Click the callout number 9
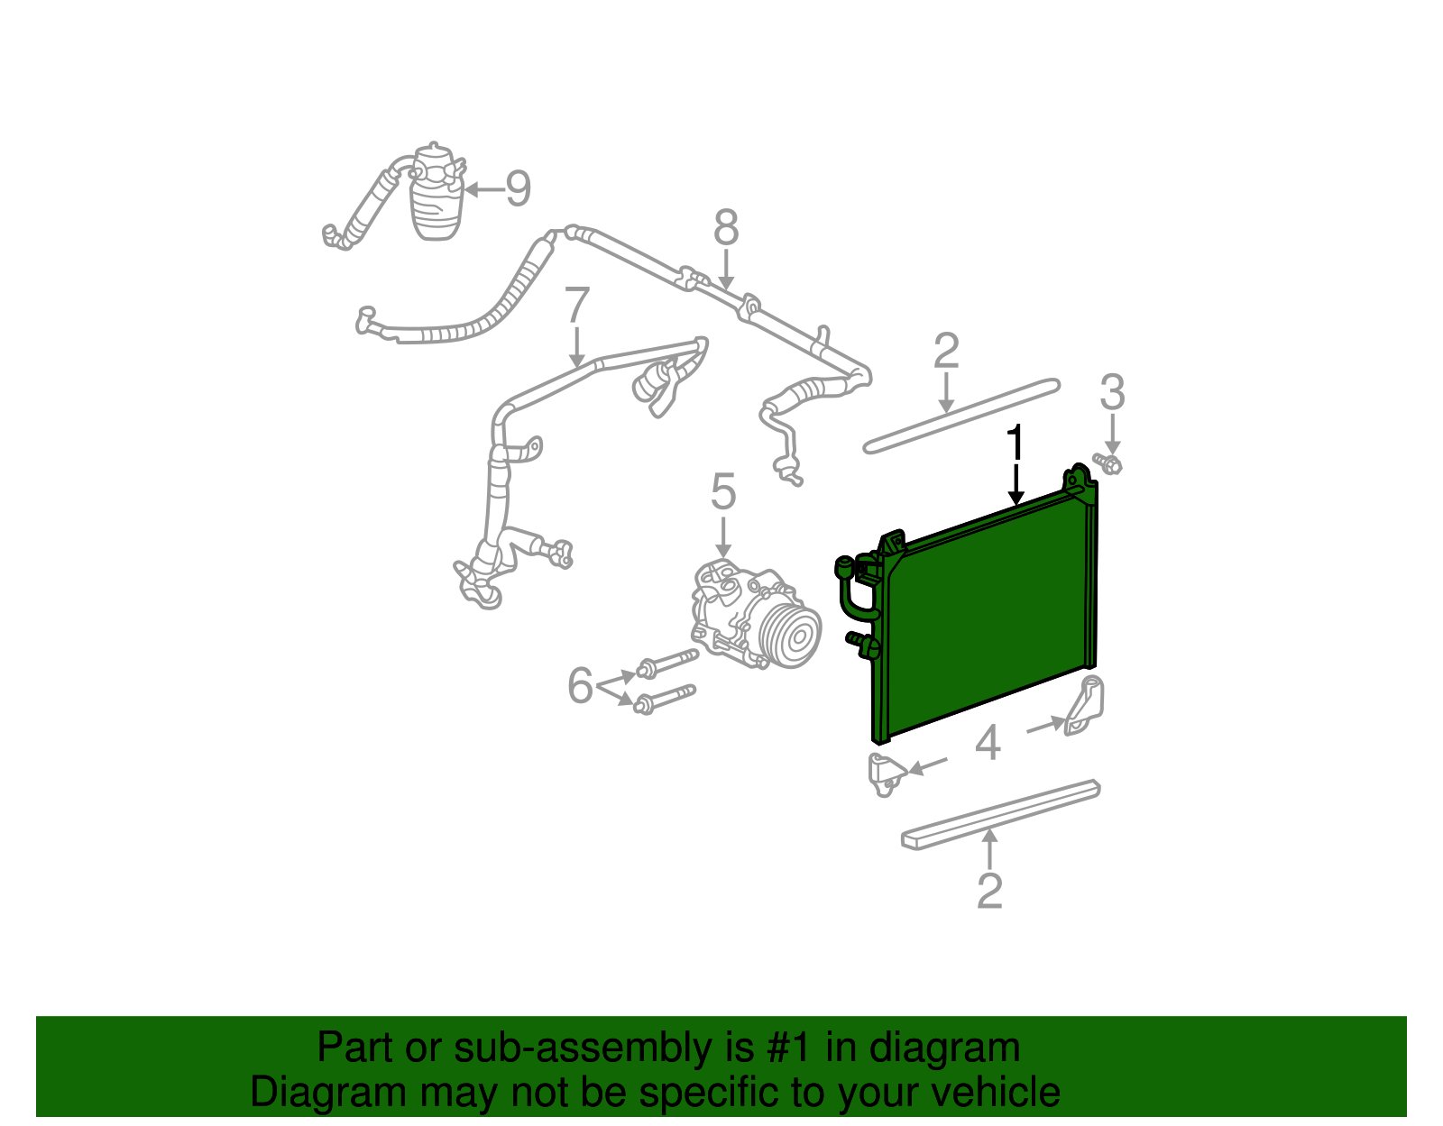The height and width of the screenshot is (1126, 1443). click(518, 188)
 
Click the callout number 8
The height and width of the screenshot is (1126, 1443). click(726, 228)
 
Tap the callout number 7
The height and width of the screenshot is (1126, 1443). click(577, 306)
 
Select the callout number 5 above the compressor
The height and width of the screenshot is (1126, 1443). click(723, 492)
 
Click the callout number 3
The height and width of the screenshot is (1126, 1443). click(1112, 392)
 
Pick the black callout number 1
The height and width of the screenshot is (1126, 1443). click(1016, 444)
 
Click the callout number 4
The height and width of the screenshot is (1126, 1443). click(988, 744)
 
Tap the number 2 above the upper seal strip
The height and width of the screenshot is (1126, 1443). click(945, 351)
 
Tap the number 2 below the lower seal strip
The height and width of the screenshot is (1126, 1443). click(989, 891)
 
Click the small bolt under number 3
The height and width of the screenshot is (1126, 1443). click(1108, 464)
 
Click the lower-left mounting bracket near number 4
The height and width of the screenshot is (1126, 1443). click(885, 774)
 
